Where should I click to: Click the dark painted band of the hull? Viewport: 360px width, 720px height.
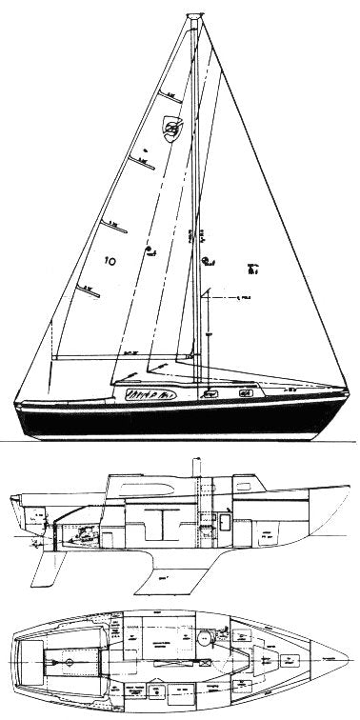(171, 418)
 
